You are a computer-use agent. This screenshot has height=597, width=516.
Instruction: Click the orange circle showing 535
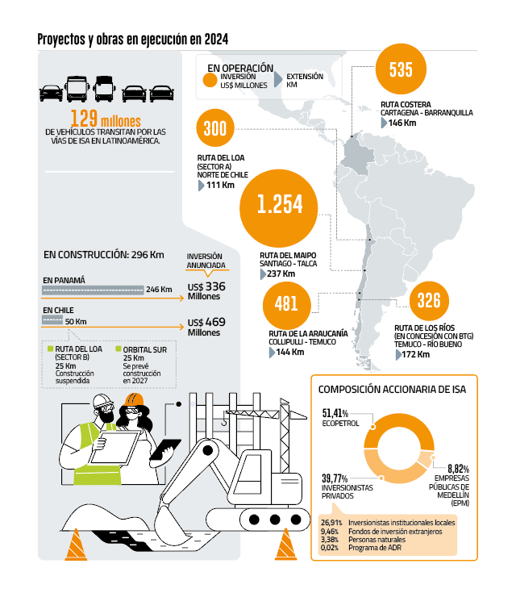tap(401, 69)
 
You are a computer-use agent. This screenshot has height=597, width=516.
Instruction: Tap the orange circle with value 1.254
tap(279, 208)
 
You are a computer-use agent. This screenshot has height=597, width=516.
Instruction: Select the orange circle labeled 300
tap(215, 128)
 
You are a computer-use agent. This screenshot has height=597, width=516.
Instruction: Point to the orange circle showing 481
tap(286, 305)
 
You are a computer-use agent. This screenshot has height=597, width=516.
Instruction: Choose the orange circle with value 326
tap(429, 301)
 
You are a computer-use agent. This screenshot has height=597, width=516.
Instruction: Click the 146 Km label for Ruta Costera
tap(402, 123)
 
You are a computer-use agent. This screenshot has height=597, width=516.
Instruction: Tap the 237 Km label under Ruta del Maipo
tap(281, 273)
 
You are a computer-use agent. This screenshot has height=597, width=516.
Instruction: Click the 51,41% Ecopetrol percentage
tap(335, 413)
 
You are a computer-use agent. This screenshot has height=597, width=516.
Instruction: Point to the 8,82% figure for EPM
tap(458, 469)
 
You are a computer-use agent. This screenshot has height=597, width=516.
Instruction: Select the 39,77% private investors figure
tap(335, 478)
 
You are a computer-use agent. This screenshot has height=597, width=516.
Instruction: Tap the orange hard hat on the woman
tap(134, 399)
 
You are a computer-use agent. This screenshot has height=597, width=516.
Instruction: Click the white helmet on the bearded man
tap(102, 400)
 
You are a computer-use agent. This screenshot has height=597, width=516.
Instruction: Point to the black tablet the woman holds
tap(164, 449)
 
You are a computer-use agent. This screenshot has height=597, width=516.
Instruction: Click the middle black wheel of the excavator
tap(275, 519)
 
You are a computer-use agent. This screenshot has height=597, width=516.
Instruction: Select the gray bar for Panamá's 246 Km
tap(93, 290)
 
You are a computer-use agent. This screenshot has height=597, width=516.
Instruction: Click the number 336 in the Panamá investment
tap(215, 286)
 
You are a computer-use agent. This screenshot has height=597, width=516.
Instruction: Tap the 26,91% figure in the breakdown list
tap(331, 523)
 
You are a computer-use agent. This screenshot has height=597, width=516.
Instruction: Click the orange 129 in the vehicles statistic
tap(84, 118)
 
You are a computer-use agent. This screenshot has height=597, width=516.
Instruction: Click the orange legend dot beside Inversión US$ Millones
tap(210, 81)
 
